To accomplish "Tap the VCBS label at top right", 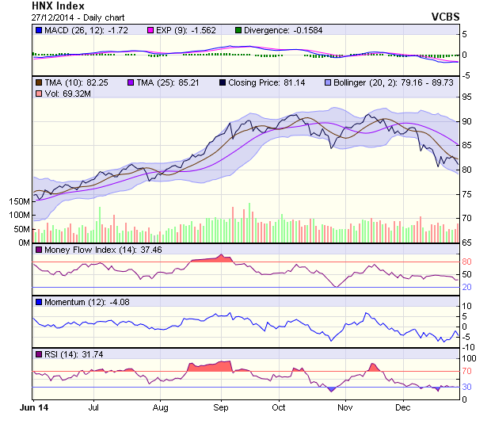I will [445, 16].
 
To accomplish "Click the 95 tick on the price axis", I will [468, 97].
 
